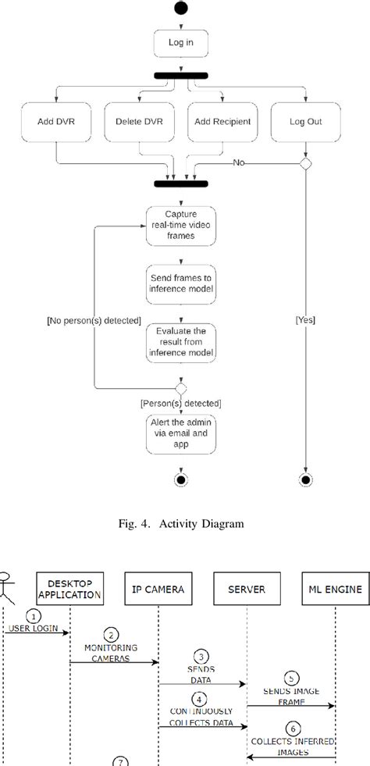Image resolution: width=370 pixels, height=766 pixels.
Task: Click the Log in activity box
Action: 181,44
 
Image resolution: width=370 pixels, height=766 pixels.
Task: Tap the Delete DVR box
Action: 138,123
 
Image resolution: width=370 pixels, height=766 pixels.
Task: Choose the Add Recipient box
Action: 222,123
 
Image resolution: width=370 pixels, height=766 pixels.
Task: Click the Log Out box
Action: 305,123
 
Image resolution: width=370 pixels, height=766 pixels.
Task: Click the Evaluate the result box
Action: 181,341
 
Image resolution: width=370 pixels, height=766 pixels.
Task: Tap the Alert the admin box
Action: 181,433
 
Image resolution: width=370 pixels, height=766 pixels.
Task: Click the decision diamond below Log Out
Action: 305,163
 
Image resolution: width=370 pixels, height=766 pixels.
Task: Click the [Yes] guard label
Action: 306,320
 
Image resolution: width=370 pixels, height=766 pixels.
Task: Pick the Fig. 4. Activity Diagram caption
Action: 184,523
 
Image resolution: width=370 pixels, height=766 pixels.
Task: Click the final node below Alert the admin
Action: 181,479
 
